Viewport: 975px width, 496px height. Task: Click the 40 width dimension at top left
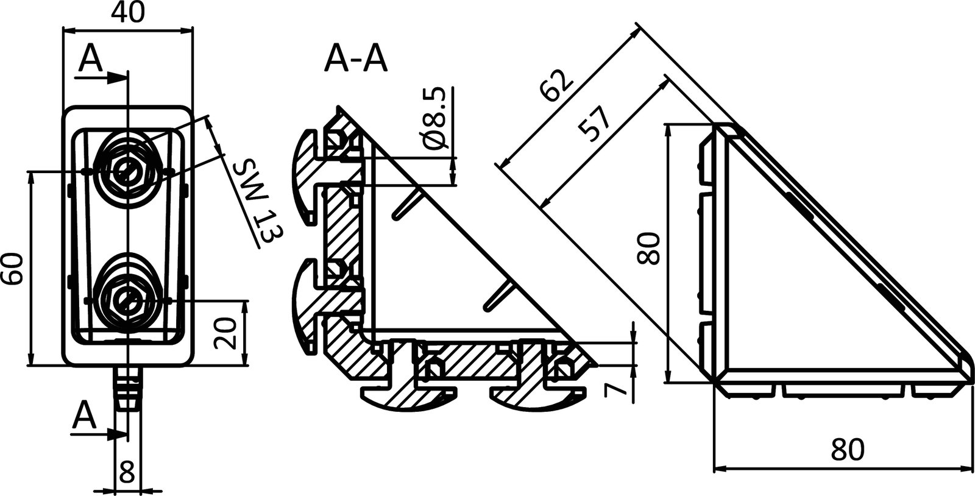128,13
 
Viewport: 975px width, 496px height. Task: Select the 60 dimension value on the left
13,268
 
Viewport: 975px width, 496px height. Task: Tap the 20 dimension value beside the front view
226,333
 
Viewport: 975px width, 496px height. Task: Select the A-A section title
356,60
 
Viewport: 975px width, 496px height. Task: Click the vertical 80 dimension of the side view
650,247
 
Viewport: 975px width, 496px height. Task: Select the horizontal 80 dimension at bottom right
847,450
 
